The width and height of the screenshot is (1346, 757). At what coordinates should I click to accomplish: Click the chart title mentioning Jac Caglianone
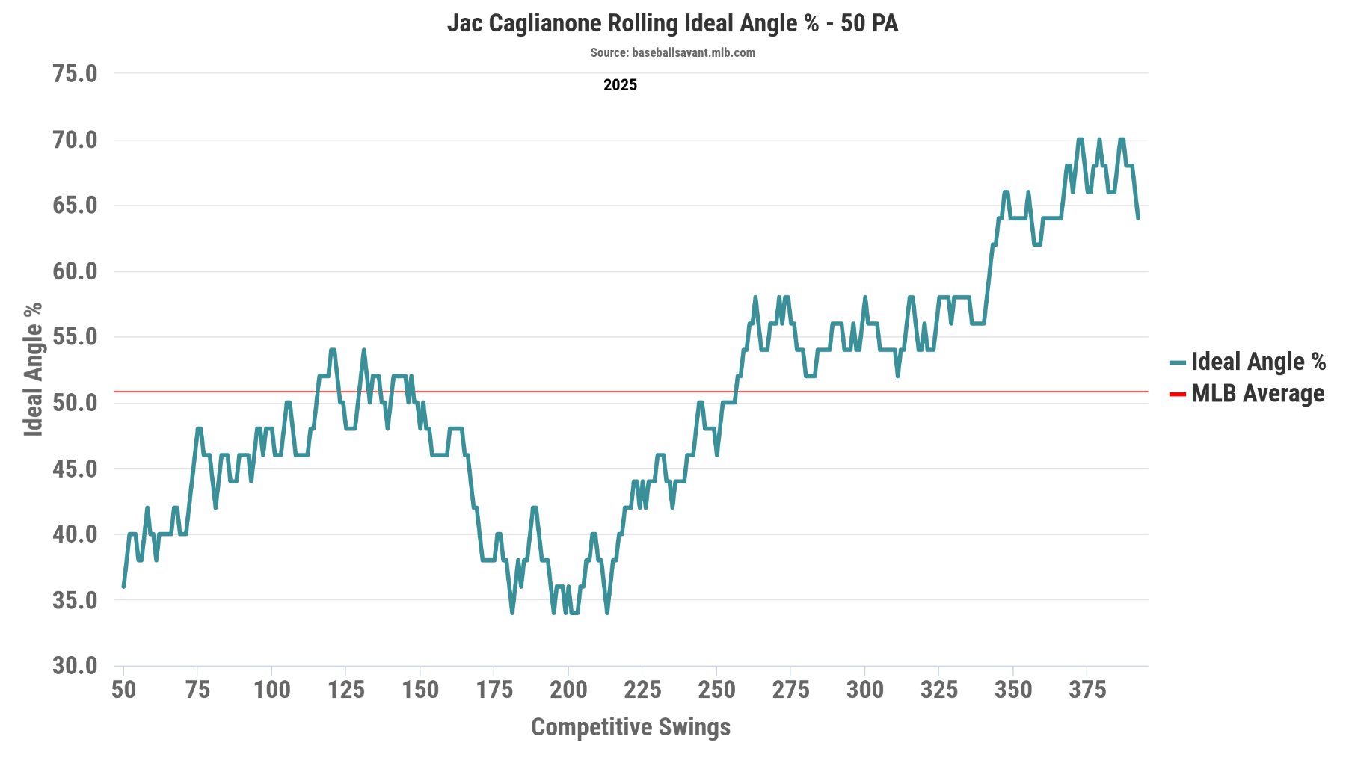(x=672, y=23)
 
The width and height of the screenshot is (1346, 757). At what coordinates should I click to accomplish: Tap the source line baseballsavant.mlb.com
(x=672, y=53)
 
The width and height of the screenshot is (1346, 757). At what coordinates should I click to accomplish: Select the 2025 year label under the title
(x=620, y=85)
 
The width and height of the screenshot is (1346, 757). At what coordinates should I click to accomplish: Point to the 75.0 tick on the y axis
(x=75, y=74)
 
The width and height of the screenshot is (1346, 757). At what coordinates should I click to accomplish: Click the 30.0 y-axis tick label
(x=75, y=666)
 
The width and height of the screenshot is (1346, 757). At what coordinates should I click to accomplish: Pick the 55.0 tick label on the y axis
(x=75, y=337)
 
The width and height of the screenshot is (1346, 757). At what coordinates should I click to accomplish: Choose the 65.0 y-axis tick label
(x=75, y=206)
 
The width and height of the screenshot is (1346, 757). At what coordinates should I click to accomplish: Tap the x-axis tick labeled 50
(x=123, y=690)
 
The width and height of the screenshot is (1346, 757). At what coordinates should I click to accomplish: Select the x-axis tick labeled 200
(x=568, y=690)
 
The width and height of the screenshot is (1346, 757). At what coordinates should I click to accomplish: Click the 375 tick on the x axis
(x=1087, y=690)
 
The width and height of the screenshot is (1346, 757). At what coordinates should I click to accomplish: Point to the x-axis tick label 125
(x=345, y=690)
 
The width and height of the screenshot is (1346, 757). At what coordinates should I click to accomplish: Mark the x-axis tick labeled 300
(x=865, y=690)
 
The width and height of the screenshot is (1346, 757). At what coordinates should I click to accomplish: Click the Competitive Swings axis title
(x=630, y=727)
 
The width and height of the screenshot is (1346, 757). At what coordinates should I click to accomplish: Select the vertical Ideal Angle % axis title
(x=33, y=369)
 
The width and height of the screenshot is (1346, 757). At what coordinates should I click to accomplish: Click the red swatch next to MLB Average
(x=1177, y=395)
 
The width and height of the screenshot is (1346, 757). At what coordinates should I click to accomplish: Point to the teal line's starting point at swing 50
(x=123, y=587)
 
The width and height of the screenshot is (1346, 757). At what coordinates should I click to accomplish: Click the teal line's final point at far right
(x=1138, y=218)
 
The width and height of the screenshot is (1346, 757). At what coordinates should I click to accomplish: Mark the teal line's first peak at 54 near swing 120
(x=332, y=350)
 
